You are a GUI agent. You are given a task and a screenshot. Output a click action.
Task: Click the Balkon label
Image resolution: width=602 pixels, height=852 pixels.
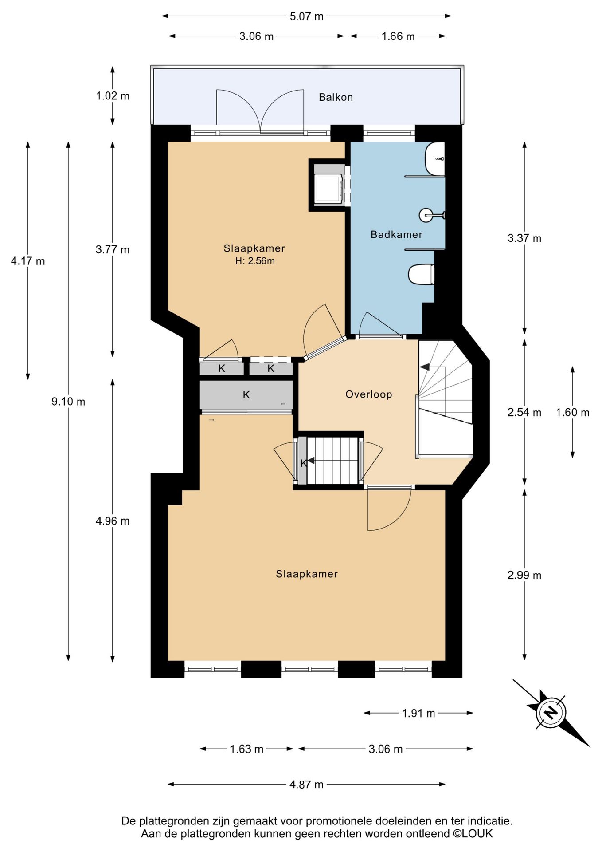pos(336,97)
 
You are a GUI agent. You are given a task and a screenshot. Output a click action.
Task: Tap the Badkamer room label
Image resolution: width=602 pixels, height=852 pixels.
pos(396,234)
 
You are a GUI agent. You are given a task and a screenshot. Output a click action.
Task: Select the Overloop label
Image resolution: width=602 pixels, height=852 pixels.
pos(369,394)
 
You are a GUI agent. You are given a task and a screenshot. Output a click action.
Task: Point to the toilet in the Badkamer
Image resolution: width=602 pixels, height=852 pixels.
pos(421,274)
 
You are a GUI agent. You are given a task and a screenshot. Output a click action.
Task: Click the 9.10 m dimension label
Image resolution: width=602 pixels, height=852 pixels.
pos(68,402)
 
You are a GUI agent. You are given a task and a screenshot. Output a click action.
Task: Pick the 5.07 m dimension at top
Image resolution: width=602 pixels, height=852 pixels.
pos(306,16)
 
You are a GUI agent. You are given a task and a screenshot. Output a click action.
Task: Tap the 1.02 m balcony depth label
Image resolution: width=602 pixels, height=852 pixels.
pos(113,96)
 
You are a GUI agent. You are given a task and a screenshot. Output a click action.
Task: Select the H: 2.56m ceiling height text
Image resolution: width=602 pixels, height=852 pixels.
pos(255,261)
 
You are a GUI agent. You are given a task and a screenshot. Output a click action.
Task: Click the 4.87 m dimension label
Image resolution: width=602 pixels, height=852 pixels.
pos(306,784)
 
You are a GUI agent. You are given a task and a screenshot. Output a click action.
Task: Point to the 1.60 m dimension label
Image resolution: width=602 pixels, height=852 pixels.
pos(573,412)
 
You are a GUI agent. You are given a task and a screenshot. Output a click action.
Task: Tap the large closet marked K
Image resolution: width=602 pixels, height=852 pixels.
pos(246,394)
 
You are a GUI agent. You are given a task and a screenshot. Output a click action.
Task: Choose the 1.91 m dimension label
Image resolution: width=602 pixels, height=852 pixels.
pos(418,713)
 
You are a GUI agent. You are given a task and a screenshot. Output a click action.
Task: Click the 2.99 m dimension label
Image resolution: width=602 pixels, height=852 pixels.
pos(524,576)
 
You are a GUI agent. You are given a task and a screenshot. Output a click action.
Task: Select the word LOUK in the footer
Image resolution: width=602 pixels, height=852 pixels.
pos(477,833)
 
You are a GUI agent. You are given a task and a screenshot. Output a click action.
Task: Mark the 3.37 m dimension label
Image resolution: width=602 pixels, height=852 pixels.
pos(524,238)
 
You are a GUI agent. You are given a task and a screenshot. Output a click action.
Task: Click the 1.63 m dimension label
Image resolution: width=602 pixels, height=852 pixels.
pos(246,749)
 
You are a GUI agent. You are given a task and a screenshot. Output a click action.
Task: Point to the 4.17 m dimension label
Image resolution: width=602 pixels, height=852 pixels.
pos(28,261)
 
